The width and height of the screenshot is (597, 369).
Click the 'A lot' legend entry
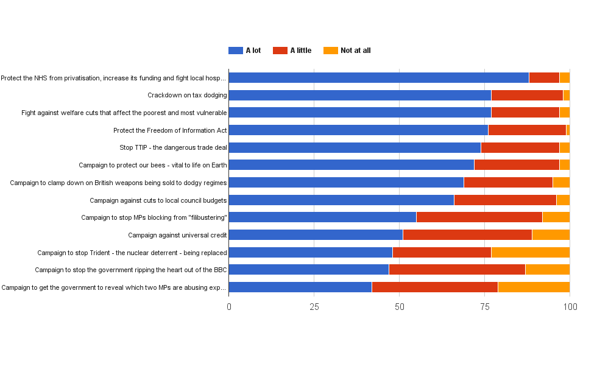245,51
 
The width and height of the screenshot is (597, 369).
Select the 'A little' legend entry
292,51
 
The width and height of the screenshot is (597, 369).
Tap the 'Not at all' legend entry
347,51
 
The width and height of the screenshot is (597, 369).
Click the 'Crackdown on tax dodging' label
187,95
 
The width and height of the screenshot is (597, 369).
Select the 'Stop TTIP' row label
173,147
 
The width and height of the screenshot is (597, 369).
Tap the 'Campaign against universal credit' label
177,235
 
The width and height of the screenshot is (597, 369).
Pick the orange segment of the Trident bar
530,252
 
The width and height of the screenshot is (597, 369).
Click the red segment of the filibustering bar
479,217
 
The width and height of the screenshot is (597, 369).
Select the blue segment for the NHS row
378,77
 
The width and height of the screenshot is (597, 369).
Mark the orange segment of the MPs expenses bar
534,287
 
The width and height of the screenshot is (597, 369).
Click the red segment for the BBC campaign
457,270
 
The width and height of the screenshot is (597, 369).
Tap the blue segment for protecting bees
351,165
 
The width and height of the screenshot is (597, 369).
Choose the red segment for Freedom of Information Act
527,130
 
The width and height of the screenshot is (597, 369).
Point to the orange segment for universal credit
551,235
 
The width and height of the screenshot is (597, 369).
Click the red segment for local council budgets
505,200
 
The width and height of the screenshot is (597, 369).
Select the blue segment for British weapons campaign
346,182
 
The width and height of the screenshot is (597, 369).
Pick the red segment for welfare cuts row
525,113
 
